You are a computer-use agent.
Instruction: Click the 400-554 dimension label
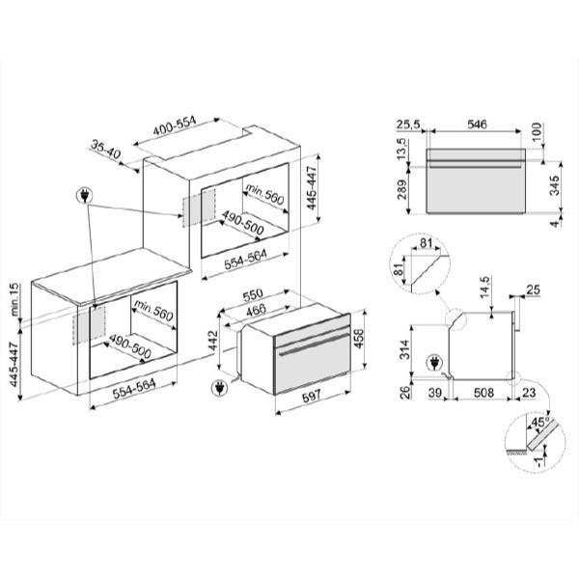coord(175,125)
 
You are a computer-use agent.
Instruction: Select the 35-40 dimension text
coord(105,150)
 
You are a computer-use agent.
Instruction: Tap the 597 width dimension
coord(313,398)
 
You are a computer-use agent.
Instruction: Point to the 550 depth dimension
coord(253,294)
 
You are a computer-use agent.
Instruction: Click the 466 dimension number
coord(256,310)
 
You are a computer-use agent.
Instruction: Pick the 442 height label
coord(213,341)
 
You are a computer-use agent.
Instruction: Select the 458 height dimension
coord(359,339)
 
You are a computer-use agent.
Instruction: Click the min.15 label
coord(14,299)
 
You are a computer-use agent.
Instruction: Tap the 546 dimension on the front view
coord(477,124)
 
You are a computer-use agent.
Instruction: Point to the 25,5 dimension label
coord(408,124)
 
